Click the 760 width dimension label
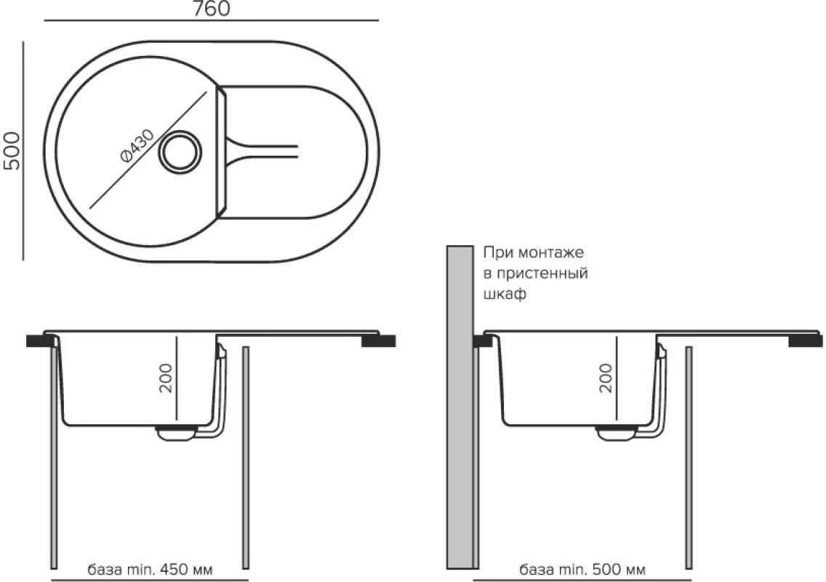(212, 9)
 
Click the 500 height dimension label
(11, 151)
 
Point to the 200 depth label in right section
(606, 378)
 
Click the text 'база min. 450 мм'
(151, 568)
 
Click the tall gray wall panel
(460, 407)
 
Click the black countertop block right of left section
(378, 340)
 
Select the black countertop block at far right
(806, 340)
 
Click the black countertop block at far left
(38, 340)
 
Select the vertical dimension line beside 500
(24, 151)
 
